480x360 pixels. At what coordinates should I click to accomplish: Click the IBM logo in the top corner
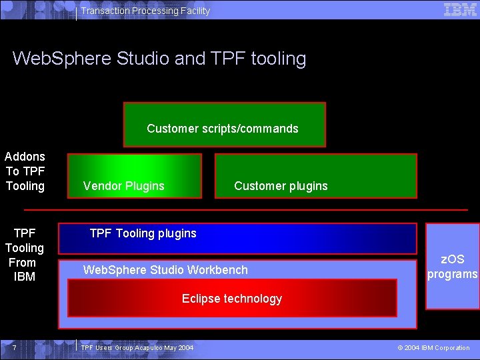[460, 9]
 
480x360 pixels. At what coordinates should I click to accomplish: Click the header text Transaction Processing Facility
[145, 11]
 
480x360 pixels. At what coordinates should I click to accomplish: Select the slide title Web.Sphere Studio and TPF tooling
[159, 59]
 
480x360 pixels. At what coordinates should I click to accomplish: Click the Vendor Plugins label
[123, 186]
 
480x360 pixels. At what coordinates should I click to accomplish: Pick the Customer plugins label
[281, 186]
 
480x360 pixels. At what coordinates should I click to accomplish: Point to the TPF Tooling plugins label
[143, 233]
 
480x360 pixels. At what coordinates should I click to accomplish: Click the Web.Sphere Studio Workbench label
[165, 270]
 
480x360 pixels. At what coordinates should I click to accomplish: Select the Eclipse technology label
[232, 299]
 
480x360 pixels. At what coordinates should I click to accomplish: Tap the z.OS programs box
[453, 267]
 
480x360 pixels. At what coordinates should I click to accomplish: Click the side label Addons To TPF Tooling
[25, 171]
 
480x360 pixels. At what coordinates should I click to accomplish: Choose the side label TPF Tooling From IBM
[25, 255]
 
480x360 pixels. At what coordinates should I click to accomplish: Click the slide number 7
[13, 348]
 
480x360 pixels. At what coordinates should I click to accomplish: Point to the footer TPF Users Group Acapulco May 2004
[137, 348]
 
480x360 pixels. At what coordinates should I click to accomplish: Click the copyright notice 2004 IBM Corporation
[433, 348]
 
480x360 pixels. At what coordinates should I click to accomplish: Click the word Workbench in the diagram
[217, 270]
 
